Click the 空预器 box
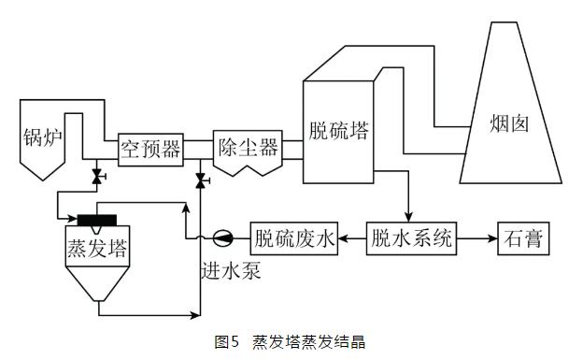pyautogui.click(x=150, y=150)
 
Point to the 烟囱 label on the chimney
pyautogui.click(x=509, y=123)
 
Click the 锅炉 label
pyautogui.click(x=42, y=137)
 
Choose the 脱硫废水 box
pyautogui.click(x=294, y=238)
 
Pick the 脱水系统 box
pyautogui.click(x=411, y=238)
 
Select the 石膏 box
pyautogui.click(x=523, y=238)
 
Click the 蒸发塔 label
pyautogui.click(x=97, y=249)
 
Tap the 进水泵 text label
pyautogui.click(x=231, y=270)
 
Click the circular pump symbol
pyautogui.click(x=223, y=238)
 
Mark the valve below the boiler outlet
pyautogui.click(x=98, y=177)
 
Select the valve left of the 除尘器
pyautogui.click(x=202, y=180)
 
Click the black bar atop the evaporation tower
pyautogui.click(x=97, y=220)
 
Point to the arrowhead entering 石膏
pyautogui.click(x=493, y=238)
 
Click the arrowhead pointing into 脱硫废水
pyautogui.click(x=343, y=238)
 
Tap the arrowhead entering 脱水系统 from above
pyautogui.click(x=408, y=218)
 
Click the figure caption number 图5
pyautogui.click(x=226, y=341)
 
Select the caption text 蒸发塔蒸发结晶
pyautogui.click(x=308, y=341)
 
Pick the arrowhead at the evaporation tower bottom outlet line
pyautogui.click(x=195, y=315)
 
